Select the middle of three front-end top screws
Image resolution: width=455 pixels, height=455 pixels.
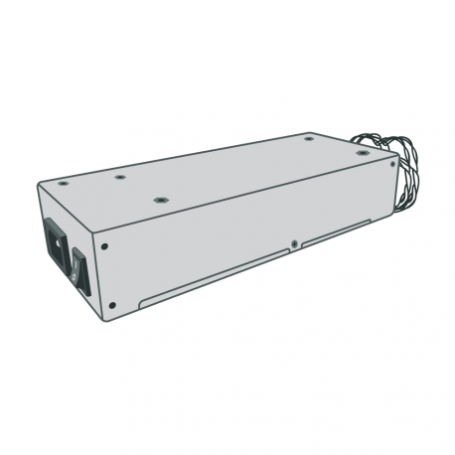(x=118, y=178)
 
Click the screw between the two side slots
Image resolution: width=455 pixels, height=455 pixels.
(x=294, y=242)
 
